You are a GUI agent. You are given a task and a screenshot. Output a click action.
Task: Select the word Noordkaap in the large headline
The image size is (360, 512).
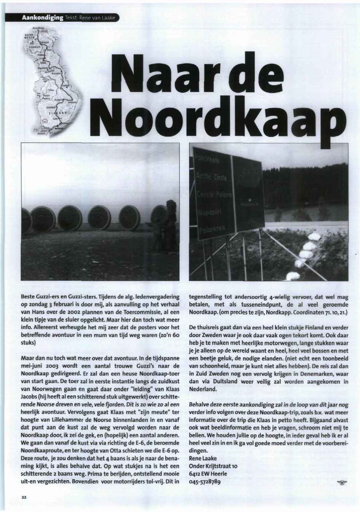(212, 116)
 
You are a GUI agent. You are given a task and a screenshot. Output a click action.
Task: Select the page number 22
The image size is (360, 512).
(22, 497)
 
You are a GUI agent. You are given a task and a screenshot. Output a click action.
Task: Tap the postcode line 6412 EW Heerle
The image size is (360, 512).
(208, 474)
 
